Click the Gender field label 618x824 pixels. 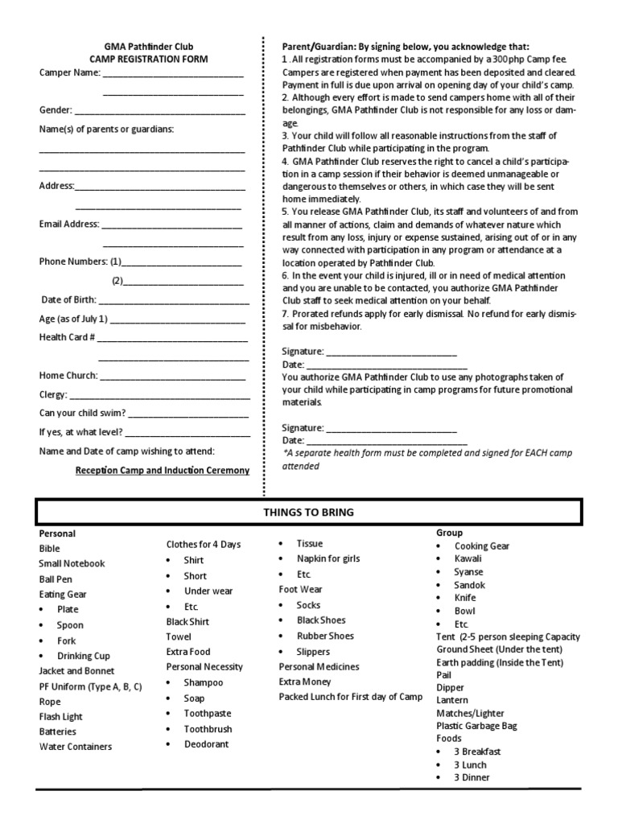coord(56,110)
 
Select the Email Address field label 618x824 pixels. coord(68,224)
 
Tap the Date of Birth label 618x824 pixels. coord(69,299)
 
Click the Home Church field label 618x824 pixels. coord(68,375)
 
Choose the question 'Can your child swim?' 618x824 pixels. coord(82,413)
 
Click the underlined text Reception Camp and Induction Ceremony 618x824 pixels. coord(162,471)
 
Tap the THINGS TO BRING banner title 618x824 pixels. coord(308,513)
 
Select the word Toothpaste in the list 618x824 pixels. coord(207,713)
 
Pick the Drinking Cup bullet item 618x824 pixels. coord(83,656)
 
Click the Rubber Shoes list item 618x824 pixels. coord(324,636)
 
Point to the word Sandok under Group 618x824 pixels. coord(469,585)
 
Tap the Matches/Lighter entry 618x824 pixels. coord(470,712)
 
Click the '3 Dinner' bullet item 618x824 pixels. coord(472,777)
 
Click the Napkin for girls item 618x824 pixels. coord(328,558)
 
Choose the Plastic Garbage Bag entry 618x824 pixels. coord(476,725)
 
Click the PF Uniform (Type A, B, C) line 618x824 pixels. coord(90,686)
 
